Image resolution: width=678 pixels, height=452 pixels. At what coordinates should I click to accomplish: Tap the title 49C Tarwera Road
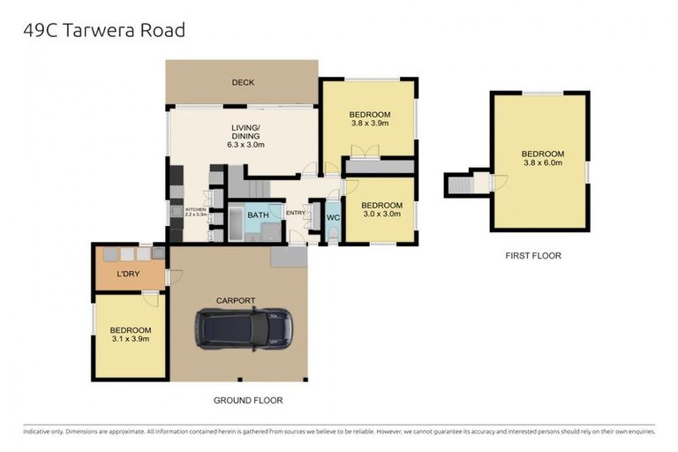103,30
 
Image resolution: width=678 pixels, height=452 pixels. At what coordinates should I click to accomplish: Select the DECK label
243,83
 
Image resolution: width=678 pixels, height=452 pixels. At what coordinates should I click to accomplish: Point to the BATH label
258,215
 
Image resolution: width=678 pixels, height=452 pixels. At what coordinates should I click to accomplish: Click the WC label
333,217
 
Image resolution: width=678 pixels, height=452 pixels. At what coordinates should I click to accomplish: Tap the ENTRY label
295,212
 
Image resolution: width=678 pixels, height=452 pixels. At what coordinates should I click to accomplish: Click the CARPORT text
237,300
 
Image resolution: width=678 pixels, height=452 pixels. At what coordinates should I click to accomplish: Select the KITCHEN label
195,209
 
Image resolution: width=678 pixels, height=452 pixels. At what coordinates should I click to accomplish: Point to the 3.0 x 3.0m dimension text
381,213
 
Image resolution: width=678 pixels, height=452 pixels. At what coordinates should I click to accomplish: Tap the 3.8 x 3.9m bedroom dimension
369,124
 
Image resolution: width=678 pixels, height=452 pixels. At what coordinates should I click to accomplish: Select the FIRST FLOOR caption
532,256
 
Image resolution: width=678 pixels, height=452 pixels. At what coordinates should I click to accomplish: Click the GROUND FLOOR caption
247,400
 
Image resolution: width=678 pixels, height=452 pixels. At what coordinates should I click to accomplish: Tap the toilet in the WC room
333,232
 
